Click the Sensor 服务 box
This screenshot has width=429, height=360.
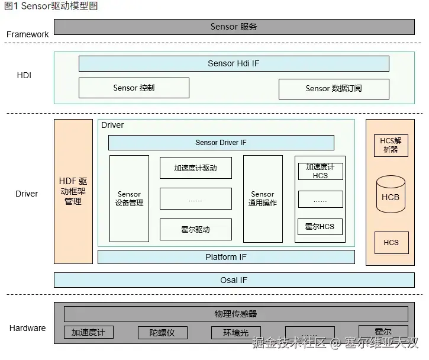point(234,27)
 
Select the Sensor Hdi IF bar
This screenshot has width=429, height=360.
point(234,63)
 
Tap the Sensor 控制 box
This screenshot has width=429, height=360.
point(134,88)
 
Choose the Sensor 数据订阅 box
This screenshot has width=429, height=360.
point(334,88)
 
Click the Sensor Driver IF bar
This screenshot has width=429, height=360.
point(221,143)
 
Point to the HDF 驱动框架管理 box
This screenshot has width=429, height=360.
point(73,191)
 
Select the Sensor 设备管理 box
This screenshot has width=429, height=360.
point(129,198)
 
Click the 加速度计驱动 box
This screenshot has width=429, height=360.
point(195,168)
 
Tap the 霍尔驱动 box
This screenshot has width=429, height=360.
point(195,229)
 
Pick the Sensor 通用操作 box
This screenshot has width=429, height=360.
point(263,198)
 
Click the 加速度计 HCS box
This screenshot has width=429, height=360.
point(320,171)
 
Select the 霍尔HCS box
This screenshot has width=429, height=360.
point(320,226)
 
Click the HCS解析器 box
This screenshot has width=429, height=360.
point(391,146)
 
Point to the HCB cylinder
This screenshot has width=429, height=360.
point(391,196)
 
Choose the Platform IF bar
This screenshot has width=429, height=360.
point(226,257)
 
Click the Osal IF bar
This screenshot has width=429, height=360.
point(234,280)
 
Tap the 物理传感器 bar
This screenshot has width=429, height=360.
point(236,314)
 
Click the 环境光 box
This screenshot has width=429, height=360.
point(236,333)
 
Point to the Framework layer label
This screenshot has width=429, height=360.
point(28,34)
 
